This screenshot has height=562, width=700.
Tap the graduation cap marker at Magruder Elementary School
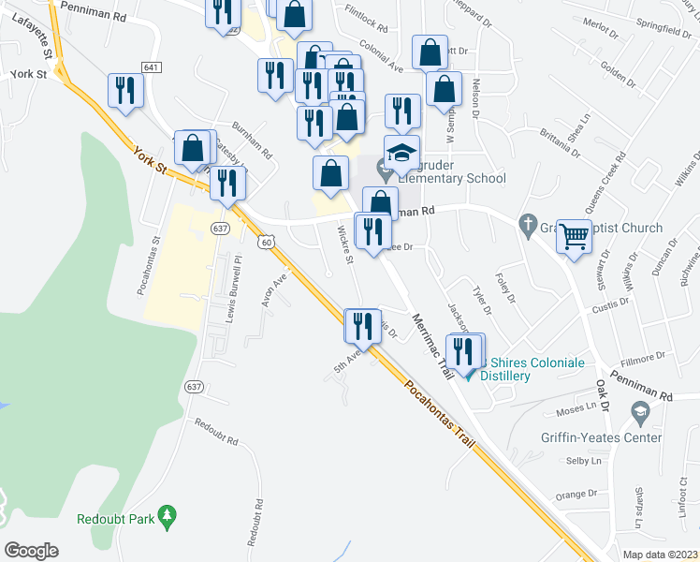click(402, 153)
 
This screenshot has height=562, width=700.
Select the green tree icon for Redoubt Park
click(168, 515)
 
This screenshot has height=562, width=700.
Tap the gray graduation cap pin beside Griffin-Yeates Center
click(640, 411)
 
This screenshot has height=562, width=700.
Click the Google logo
click(32, 551)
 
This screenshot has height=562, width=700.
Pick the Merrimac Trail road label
click(431, 345)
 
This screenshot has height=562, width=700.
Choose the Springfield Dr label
click(668, 30)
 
